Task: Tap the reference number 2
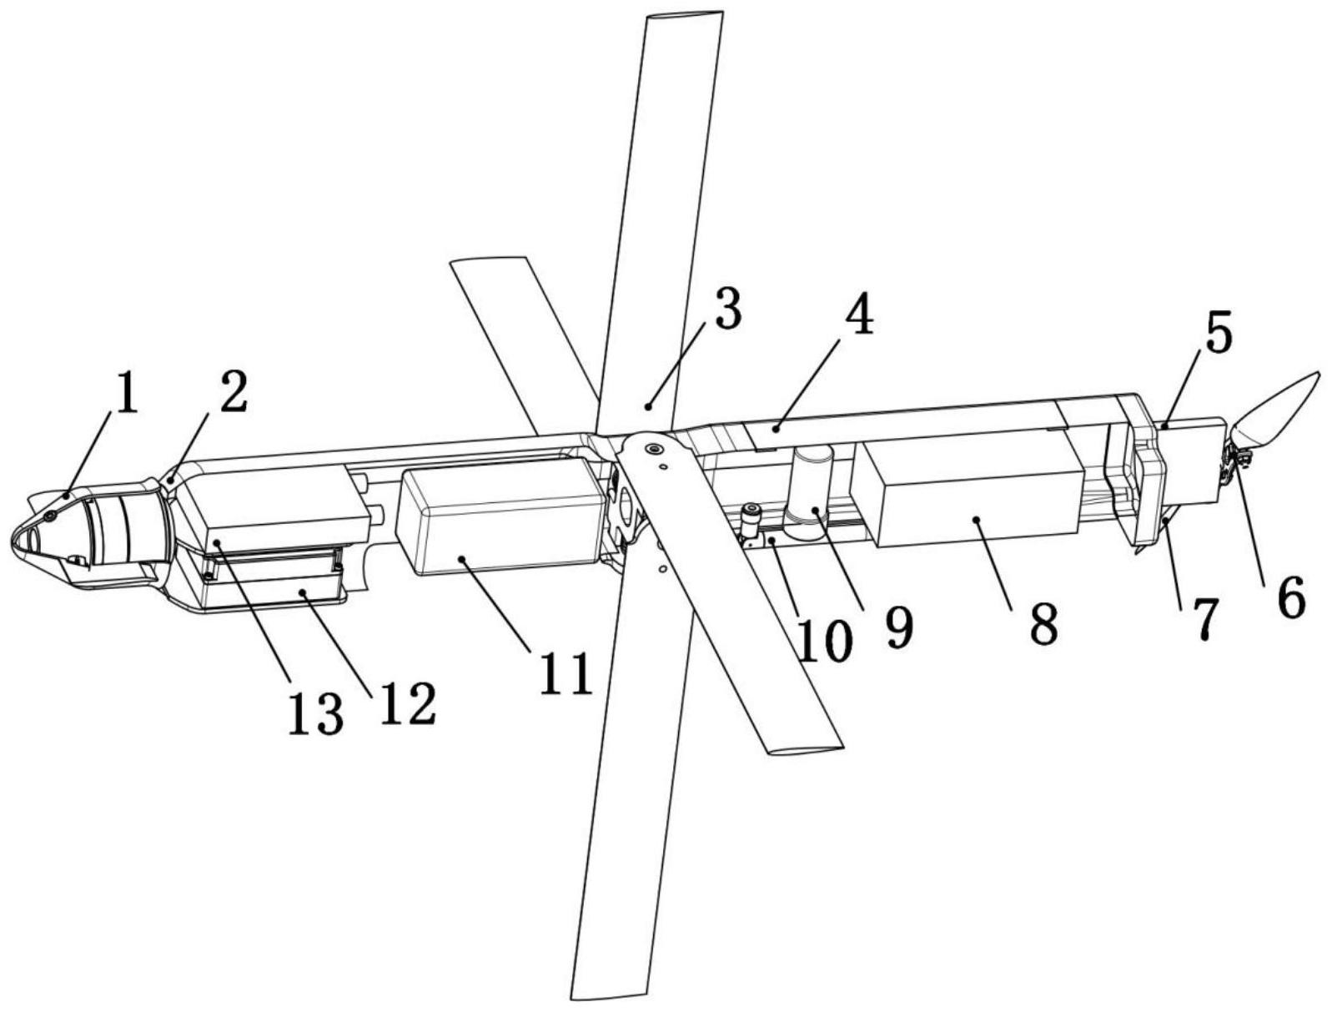coord(234,391)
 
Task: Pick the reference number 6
coord(1289,597)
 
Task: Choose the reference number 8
coord(1043,622)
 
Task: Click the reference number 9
coord(898,627)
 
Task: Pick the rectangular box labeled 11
coord(500,517)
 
